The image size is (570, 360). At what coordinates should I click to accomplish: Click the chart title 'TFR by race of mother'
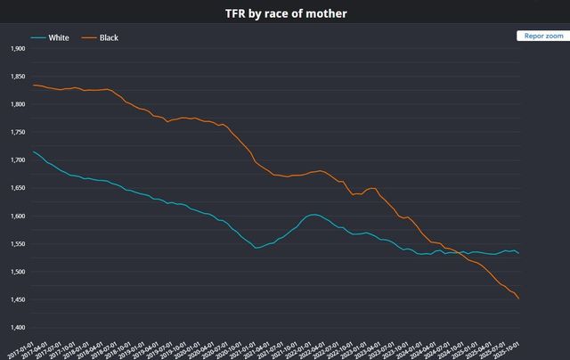(x=285, y=12)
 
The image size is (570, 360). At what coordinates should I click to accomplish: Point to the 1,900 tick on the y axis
(x=17, y=48)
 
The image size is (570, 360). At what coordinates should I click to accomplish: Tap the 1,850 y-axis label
(x=17, y=77)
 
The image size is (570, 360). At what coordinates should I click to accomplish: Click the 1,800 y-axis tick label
(x=17, y=104)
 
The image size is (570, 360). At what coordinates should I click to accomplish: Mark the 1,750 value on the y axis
(x=17, y=132)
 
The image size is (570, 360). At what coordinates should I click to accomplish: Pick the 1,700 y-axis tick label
(x=17, y=160)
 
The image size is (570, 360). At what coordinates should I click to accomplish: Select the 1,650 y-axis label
(x=17, y=188)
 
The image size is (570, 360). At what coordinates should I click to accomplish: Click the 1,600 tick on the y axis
(x=17, y=216)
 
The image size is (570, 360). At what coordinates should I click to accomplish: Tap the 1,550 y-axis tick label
(x=17, y=243)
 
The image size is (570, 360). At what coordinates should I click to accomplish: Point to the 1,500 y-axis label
(x=17, y=272)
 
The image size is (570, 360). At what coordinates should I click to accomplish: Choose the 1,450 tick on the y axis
(x=17, y=299)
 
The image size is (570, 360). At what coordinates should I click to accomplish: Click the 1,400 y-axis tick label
(x=17, y=327)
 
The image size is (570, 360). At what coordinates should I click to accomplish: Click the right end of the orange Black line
(x=519, y=299)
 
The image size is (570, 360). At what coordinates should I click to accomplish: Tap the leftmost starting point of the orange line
(x=33, y=85)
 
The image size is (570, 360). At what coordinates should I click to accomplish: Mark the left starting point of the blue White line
(x=33, y=151)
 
